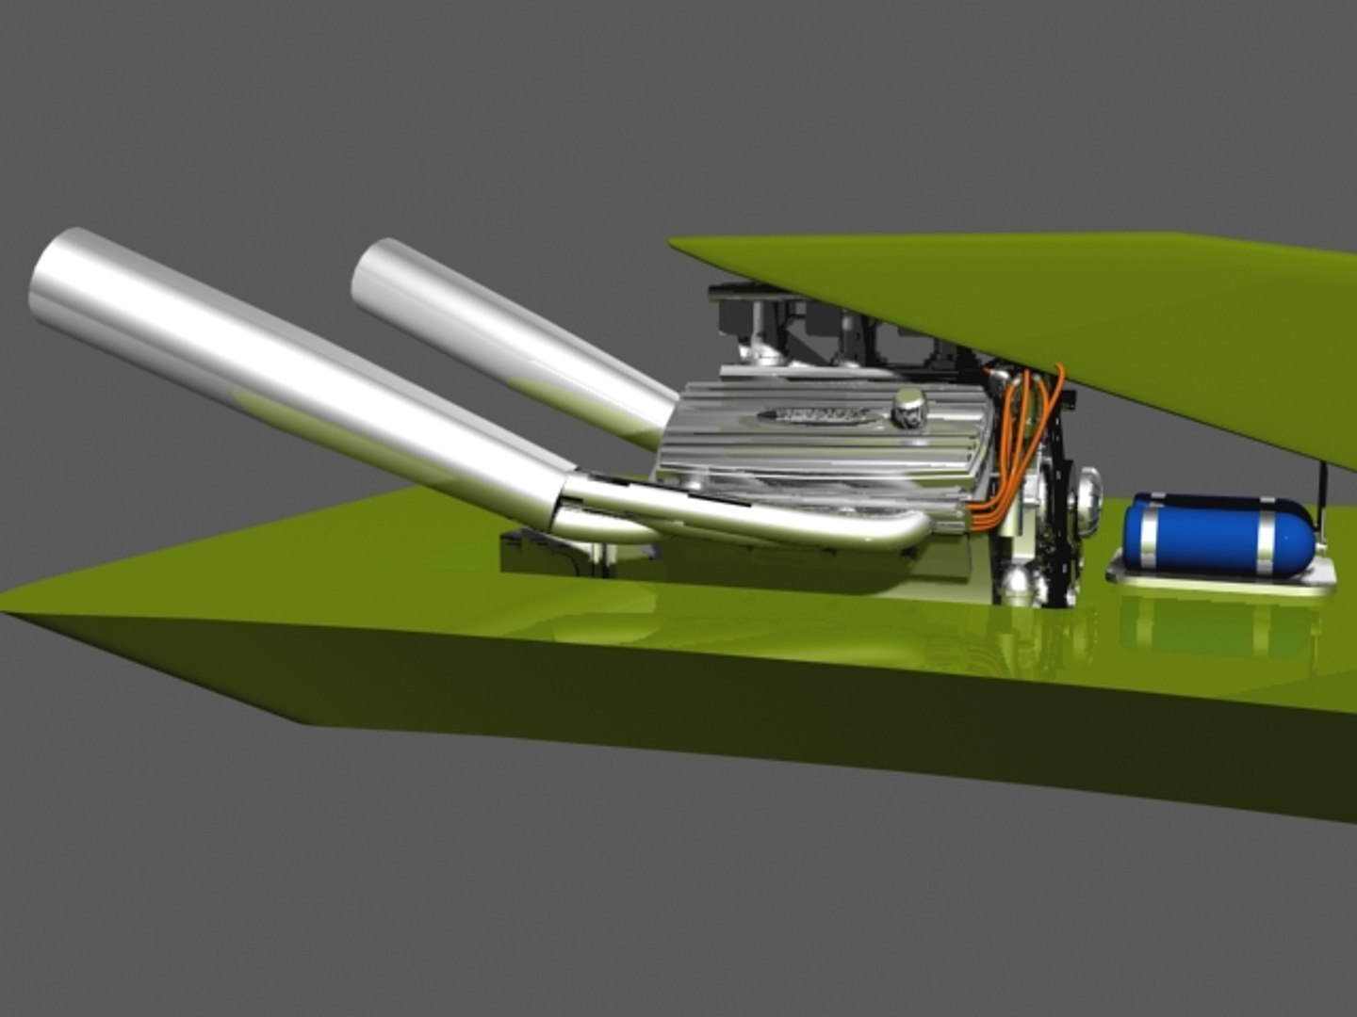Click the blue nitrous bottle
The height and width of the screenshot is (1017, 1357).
pyautogui.click(x=1216, y=533)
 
